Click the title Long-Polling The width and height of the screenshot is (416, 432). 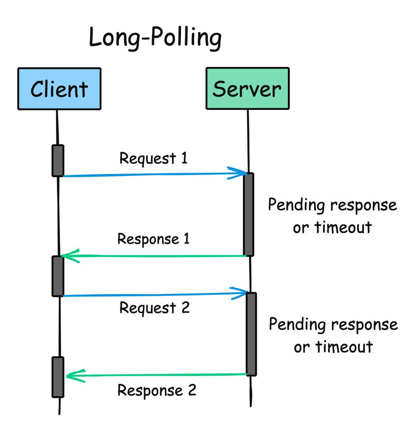point(155,38)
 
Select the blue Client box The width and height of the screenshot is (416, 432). point(59,88)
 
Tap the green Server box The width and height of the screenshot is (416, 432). point(247,88)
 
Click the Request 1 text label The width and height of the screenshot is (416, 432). point(153,158)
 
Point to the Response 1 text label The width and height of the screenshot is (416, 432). point(153,239)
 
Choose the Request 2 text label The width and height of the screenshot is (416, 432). point(154,308)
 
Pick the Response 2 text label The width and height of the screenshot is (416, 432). point(157,390)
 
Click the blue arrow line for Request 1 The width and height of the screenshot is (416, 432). point(149,175)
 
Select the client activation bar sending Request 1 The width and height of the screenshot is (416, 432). point(58,160)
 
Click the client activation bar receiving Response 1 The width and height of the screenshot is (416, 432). point(58,276)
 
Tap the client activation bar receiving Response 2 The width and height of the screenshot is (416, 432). point(58,377)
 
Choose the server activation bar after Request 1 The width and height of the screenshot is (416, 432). point(249,214)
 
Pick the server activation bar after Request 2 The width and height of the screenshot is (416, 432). point(251,334)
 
